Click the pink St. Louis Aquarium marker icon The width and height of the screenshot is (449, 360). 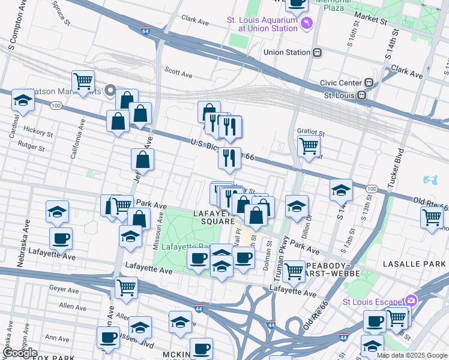308,23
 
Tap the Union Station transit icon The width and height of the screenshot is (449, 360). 317,52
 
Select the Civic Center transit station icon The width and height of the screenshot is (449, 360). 369,83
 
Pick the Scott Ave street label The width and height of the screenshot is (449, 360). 178,72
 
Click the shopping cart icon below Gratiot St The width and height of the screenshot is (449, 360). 309,146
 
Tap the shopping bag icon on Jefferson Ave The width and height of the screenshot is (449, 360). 143,160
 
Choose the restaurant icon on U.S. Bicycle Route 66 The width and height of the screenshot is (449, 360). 229,158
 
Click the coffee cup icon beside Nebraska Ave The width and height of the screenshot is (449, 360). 61,238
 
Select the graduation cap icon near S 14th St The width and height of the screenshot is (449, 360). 341,190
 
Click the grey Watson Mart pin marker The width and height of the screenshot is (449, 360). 110,91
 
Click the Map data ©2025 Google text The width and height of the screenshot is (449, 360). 411,355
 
